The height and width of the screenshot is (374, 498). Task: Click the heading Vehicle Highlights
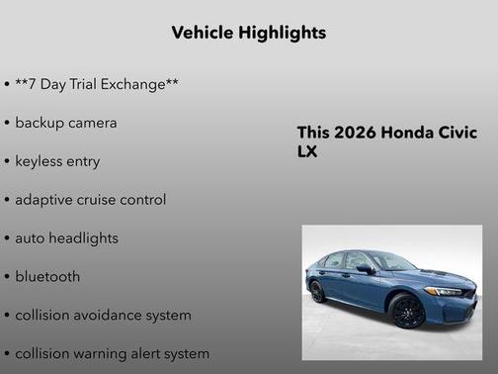point(248,33)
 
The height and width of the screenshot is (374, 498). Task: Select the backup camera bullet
point(65,123)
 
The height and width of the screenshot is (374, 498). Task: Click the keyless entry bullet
point(57,161)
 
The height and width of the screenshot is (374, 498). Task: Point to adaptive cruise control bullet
point(90,200)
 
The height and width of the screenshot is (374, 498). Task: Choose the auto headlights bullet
point(66,238)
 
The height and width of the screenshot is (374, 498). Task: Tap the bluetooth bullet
point(47,277)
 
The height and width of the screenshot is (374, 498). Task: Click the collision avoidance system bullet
point(103,316)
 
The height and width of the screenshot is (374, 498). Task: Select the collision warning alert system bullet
point(112,353)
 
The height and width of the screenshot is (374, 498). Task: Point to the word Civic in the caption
point(458,134)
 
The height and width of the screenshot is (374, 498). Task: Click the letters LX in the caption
point(307,152)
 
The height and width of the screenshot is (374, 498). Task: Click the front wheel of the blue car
point(406,311)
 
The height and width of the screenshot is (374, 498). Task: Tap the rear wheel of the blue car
point(317,292)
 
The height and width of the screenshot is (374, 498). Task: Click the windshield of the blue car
point(391,262)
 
